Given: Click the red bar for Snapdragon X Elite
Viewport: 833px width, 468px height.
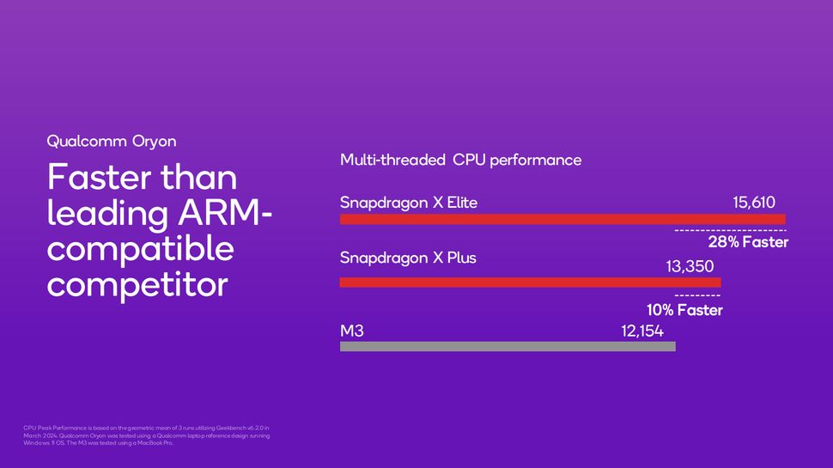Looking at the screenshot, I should click(562, 220).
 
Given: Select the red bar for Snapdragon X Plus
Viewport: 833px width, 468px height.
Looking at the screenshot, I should click(530, 283).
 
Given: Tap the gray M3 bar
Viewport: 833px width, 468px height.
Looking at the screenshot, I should click(508, 347).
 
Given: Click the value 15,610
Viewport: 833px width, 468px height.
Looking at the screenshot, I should click(754, 204).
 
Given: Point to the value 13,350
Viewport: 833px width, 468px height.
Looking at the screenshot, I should click(690, 267).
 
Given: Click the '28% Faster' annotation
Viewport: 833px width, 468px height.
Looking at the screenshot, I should click(748, 243).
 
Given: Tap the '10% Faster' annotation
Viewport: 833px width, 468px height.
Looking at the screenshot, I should click(684, 310).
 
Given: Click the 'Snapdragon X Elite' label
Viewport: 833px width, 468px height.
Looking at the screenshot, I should click(409, 204).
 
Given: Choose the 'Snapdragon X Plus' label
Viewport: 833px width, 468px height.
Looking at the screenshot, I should click(408, 258).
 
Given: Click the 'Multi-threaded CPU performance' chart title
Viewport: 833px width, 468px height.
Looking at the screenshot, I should click(460, 161).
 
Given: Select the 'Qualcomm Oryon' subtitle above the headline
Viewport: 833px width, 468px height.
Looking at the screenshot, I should click(112, 141).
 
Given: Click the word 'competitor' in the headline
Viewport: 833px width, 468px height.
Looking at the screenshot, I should click(137, 284).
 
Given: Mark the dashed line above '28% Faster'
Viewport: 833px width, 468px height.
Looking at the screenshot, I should click(730, 231).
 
